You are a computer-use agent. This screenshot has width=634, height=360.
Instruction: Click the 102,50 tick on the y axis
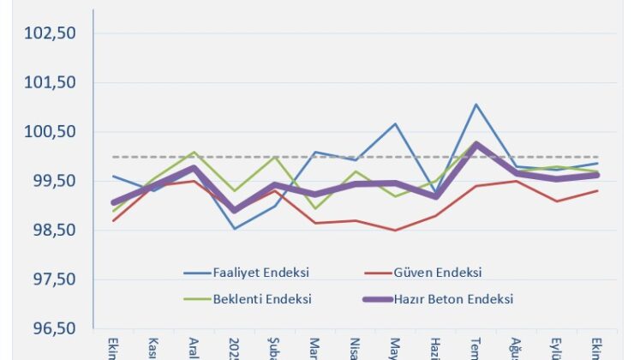click(x=51, y=33)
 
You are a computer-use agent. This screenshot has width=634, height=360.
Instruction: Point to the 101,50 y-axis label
click(x=51, y=83)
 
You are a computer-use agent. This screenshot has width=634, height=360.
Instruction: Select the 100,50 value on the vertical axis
click(x=51, y=132)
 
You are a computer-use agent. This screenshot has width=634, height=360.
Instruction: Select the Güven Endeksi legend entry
click(x=438, y=273)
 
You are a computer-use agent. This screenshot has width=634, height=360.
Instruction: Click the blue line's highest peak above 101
click(x=476, y=105)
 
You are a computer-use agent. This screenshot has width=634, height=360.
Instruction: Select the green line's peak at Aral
click(x=194, y=153)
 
